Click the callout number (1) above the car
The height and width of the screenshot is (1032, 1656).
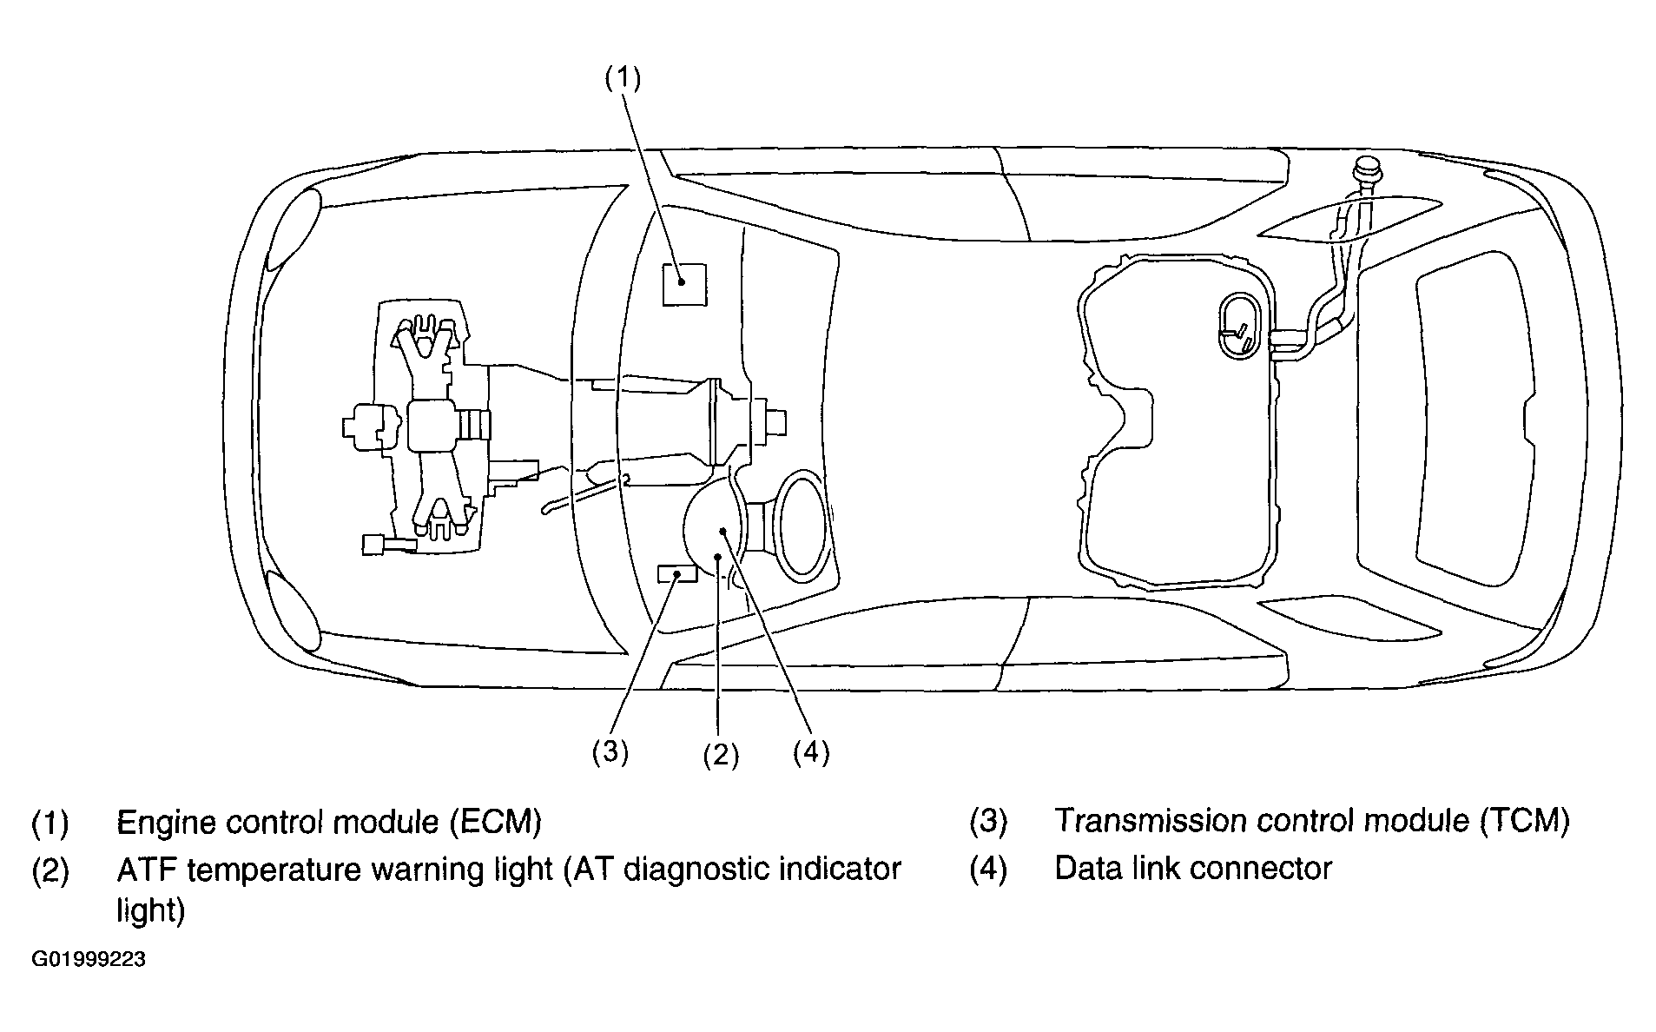click(x=623, y=78)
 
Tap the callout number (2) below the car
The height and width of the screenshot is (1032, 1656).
click(x=721, y=755)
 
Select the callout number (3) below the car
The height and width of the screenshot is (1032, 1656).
click(x=610, y=751)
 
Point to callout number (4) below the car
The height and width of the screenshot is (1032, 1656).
click(x=811, y=751)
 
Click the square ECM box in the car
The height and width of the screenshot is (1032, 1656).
click(x=684, y=284)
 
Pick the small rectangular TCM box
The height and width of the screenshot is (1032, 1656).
click(x=677, y=573)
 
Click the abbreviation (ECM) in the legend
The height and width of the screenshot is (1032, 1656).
click(x=496, y=821)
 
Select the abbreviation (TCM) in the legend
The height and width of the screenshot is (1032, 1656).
click(x=1524, y=821)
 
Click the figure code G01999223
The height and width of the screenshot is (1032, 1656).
click(x=89, y=960)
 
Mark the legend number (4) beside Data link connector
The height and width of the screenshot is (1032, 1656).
click(x=988, y=869)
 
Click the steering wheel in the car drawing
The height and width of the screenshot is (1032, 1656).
click(x=802, y=526)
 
